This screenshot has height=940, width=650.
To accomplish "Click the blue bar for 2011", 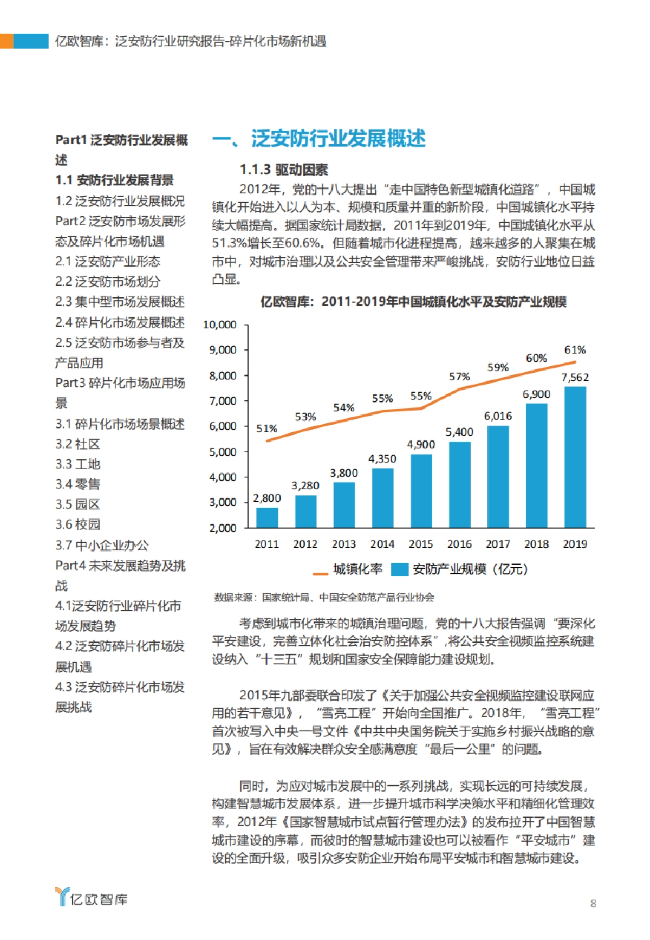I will (x=267, y=517).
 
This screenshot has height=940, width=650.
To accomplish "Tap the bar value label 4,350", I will (x=382, y=458).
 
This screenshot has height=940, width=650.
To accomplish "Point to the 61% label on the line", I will (x=575, y=350).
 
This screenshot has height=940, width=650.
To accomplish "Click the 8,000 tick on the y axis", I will (x=223, y=375).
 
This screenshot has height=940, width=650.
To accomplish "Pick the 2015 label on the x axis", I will (x=420, y=544).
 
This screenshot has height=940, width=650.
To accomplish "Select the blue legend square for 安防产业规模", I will (x=399, y=569).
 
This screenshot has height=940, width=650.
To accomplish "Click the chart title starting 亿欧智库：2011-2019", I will (x=413, y=302).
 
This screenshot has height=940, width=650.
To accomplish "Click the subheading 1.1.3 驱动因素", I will (x=284, y=170).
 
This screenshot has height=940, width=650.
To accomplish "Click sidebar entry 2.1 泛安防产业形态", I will (x=108, y=262).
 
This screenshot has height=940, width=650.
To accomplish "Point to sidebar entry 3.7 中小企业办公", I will (x=102, y=545).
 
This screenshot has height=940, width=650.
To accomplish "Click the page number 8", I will (x=593, y=903).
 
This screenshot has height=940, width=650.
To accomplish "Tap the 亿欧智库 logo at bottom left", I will (x=92, y=899).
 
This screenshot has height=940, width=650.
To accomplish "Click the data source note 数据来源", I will (x=324, y=598).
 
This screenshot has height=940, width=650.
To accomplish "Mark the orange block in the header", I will (x=6, y=41).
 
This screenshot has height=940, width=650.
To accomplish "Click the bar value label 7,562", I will (x=575, y=378).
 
